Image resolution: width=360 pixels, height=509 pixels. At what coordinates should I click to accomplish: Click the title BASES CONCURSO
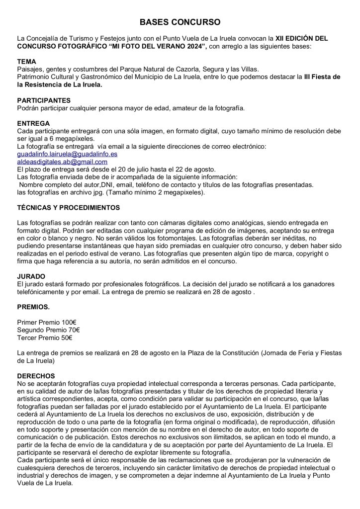[180, 23]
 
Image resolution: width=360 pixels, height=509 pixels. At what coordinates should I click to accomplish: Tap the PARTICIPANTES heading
[43, 100]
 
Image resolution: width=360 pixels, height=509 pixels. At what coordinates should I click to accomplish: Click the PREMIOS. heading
[33, 307]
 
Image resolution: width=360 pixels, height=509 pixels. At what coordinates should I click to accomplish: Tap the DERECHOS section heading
[36, 377]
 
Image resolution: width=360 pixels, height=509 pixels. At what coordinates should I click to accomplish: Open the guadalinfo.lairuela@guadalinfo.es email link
[67, 154]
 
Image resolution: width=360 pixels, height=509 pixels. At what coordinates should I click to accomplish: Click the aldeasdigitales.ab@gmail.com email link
[62, 162]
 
